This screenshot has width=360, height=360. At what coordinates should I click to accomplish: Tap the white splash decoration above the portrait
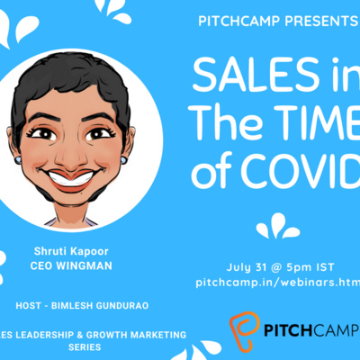pyautogui.click(x=112, y=9)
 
